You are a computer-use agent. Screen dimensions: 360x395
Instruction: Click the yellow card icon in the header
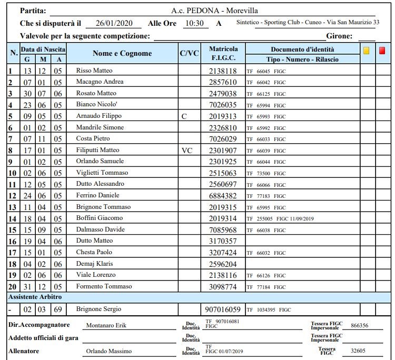click(x=367, y=51)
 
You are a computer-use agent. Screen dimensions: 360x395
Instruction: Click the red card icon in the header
click(x=382, y=51)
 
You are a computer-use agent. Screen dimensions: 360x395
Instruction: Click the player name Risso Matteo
click(x=94, y=71)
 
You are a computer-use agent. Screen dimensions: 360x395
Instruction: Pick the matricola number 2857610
click(x=223, y=82)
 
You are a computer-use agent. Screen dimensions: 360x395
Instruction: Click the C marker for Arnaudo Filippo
click(x=184, y=116)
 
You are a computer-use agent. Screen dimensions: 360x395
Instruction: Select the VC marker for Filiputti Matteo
click(x=187, y=150)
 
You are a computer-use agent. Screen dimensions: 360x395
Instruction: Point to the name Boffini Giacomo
click(x=100, y=218)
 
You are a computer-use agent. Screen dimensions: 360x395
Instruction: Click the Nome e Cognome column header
click(x=122, y=53)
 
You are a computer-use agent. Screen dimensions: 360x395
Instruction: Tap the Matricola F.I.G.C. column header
click(x=223, y=53)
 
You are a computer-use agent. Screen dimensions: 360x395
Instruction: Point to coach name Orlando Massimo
click(x=109, y=351)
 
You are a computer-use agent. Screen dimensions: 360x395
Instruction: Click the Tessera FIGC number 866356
click(x=359, y=326)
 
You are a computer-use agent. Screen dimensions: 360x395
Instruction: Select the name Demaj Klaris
click(x=95, y=264)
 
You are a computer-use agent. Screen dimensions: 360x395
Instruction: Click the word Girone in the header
click(x=340, y=36)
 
